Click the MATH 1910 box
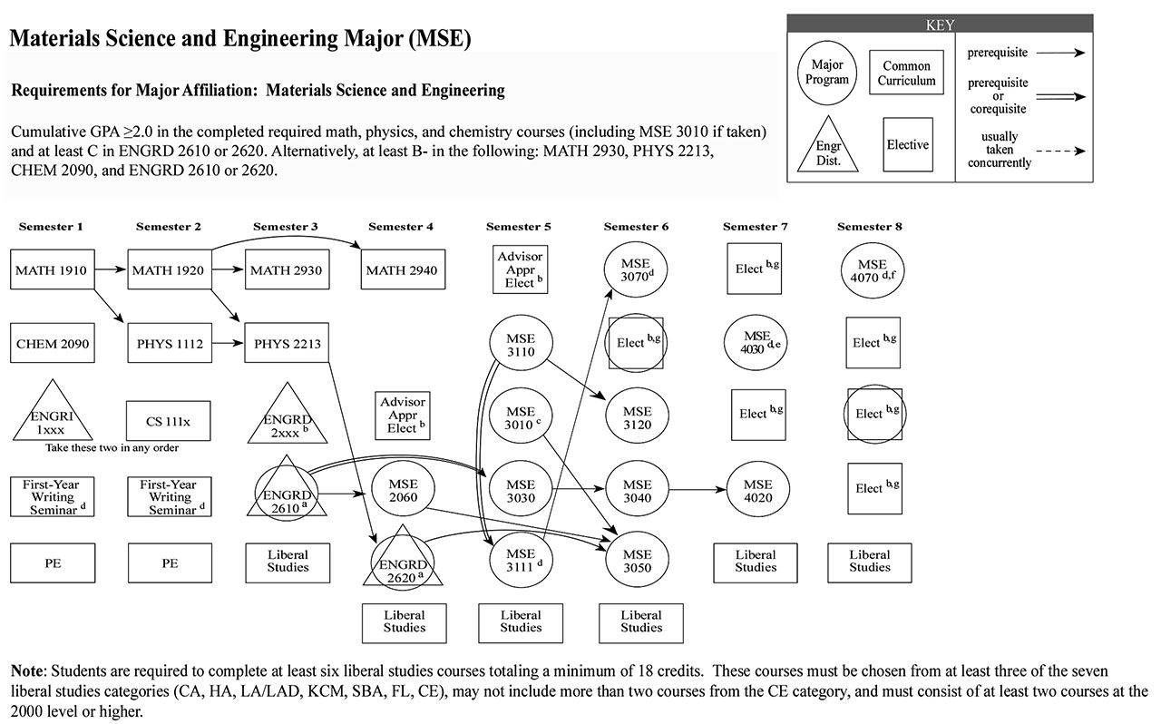54,269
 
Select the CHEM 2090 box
54,344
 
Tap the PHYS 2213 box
286,344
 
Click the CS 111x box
170,420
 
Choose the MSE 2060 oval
403,492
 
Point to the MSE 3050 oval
637,561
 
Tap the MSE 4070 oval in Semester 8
869,269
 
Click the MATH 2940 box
403,269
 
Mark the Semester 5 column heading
518,227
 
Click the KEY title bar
939,25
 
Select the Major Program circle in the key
826,73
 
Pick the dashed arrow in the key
1060,152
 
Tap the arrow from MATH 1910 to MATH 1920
112,269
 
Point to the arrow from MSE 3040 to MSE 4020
698,492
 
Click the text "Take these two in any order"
112,448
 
